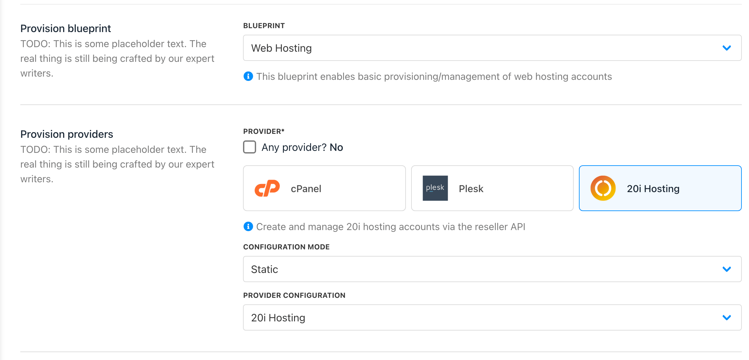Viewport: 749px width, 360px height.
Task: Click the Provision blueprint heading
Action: (x=66, y=28)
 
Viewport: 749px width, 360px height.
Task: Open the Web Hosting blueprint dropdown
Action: (x=492, y=48)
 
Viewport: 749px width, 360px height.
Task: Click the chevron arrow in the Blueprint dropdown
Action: (x=727, y=48)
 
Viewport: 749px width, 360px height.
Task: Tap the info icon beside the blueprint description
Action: (x=248, y=76)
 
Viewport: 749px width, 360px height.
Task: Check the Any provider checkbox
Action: (x=250, y=147)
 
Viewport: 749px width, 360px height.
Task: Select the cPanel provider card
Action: (x=324, y=188)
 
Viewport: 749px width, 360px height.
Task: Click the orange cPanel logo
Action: (x=267, y=188)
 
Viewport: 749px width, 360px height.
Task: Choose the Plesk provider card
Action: (x=492, y=188)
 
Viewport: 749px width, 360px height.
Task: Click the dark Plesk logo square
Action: (x=435, y=188)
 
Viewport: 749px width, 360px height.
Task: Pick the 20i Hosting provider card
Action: (x=660, y=188)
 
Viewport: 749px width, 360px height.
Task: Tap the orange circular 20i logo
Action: (x=603, y=188)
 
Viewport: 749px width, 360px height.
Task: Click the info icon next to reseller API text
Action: (x=248, y=226)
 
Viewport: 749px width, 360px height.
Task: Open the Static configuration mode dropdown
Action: (x=492, y=269)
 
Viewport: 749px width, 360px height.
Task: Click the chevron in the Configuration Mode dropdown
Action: (x=727, y=269)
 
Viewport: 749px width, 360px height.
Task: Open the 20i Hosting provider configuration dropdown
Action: (x=492, y=317)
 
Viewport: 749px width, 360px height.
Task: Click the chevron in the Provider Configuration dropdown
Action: (x=727, y=318)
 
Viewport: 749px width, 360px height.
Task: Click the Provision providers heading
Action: (x=67, y=134)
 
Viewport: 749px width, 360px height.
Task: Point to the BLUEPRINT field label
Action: (x=264, y=26)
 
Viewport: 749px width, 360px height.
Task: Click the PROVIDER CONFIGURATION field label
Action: (x=294, y=296)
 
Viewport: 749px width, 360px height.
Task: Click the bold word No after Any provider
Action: (x=336, y=147)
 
